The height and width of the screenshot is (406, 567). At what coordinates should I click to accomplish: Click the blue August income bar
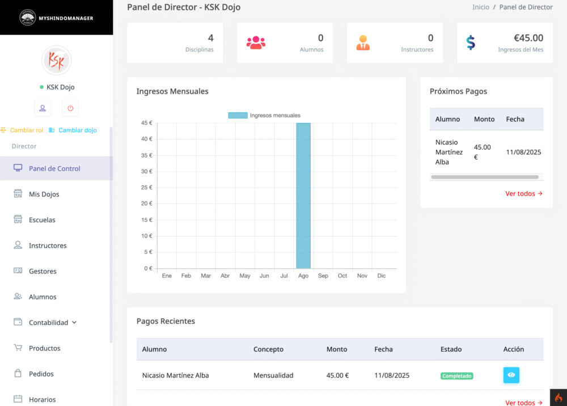coord(303,196)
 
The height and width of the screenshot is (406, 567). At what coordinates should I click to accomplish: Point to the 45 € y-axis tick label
coord(146,123)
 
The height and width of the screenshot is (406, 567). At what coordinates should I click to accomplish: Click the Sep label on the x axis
coord(323,276)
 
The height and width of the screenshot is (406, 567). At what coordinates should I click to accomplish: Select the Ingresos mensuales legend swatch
coord(238,115)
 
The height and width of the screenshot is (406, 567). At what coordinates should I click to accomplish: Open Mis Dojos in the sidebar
coord(44,194)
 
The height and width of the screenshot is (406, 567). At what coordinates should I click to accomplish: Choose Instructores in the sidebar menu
coord(48,246)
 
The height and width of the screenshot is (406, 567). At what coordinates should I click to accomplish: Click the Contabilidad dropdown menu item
coord(48,323)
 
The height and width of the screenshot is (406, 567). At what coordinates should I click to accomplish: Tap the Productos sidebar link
coord(44,348)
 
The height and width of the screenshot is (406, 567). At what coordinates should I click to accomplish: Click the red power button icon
coord(70,108)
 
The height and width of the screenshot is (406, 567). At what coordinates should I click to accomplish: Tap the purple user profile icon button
coord(43,108)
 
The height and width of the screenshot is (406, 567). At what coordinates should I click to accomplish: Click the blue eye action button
coord(511,375)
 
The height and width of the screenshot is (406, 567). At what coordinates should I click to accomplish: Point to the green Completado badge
coord(456,376)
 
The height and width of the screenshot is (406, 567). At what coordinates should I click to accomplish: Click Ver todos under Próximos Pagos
coord(523,193)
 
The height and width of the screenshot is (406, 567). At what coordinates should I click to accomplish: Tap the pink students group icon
coord(256,43)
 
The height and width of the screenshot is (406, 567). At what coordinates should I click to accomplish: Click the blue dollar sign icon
coord(471,43)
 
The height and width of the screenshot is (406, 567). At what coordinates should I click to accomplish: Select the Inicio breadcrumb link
coord(481,7)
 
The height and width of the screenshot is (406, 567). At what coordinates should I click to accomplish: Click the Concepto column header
coord(268,349)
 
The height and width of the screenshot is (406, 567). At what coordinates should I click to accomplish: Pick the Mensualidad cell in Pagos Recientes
coord(273,375)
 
